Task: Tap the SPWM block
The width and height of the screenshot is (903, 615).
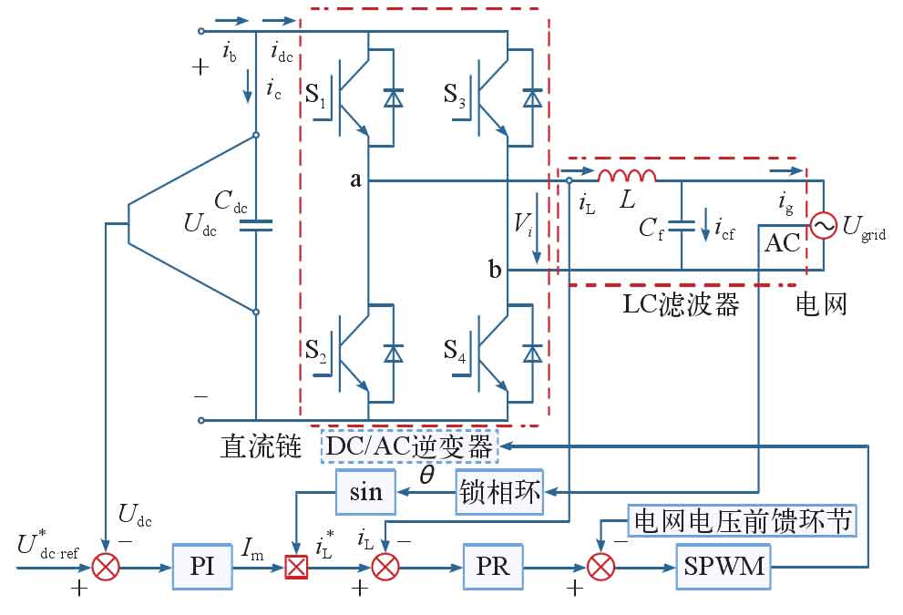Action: coord(721,567)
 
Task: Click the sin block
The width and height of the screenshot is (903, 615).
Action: coord(366,492)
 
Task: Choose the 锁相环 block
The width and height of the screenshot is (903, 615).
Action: coord(498,494)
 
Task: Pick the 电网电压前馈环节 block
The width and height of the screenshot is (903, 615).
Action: coord(741,521)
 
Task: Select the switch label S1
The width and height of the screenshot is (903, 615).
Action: coord(315,94)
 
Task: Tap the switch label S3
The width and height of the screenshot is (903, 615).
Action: coord(455,94)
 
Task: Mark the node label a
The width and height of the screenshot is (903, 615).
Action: coord(356,180)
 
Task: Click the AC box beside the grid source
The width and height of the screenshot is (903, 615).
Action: coord(782,243)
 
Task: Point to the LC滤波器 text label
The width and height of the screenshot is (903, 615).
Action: coord(680,304)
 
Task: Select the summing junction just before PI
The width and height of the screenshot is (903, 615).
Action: coord(108,568)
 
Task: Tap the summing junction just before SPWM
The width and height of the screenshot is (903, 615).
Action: coord(600,568)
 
